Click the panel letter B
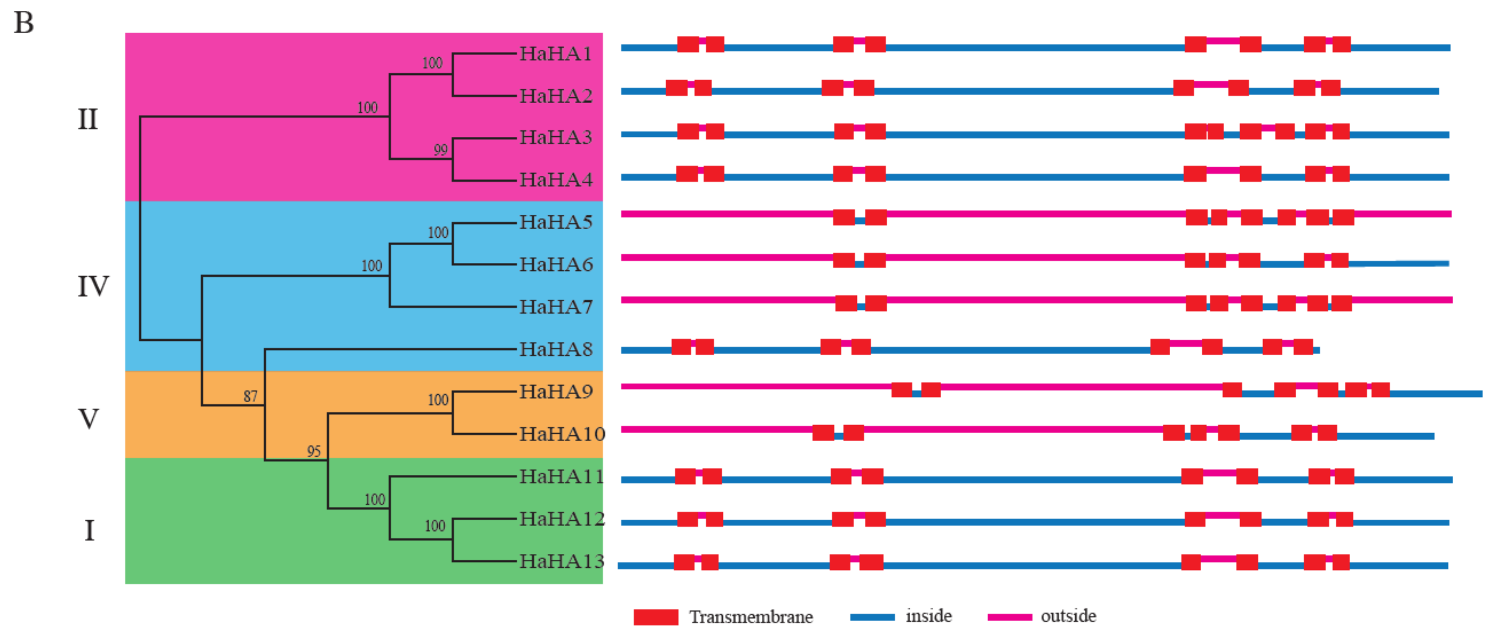24,23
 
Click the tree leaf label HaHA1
555,53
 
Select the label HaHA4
555,179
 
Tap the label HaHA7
555,306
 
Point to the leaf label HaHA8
555,349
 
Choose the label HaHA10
561,434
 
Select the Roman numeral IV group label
93,287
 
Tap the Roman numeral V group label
88,419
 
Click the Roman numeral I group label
89,530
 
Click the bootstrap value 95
314,451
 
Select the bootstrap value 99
440,150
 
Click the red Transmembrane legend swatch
656,617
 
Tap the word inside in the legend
929,616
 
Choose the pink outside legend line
1010,617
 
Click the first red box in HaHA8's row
681,347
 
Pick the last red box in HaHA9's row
1380,390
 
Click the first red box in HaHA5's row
844,217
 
